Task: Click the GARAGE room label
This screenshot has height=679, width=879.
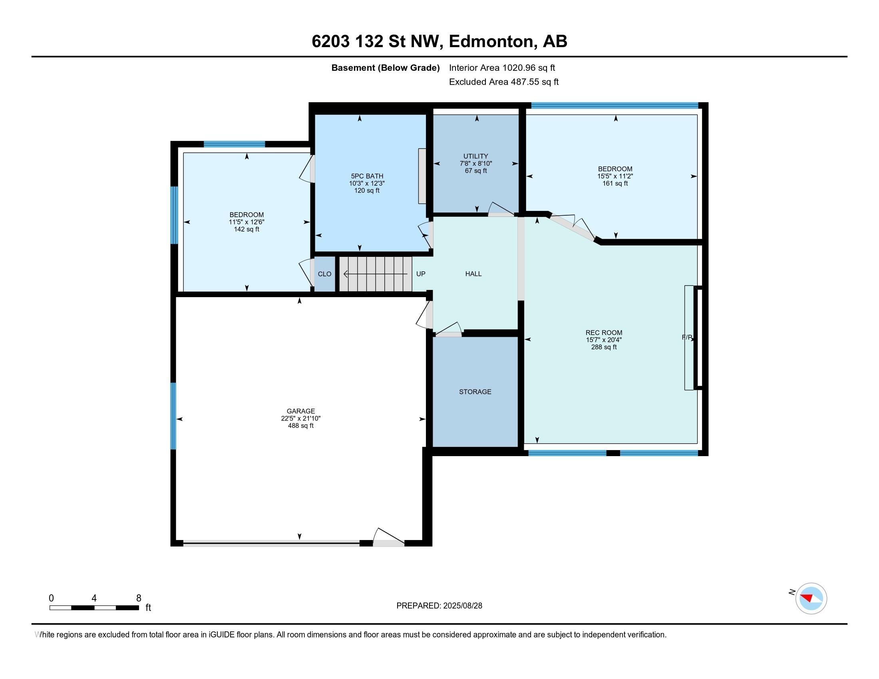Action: coord(300,411)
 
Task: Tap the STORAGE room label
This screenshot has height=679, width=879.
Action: coord(475,392)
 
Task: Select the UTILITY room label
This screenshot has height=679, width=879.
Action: coord(476,156)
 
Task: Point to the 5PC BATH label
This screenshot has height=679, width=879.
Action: coord(367,176)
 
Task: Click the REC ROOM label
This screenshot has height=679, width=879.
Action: coord(604,333)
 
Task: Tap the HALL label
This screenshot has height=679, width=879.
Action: coord(473,274)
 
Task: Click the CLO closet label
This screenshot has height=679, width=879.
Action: coord(324,274)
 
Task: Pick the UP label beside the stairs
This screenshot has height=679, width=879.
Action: coord(421,274)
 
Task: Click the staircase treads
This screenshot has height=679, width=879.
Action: coord(376,274)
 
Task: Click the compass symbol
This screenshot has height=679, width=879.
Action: coord(811,598)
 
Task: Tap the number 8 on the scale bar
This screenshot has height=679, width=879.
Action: coord(139,598)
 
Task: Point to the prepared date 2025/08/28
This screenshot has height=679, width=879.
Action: coord(462,606)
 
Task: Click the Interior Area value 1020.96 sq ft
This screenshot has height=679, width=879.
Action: coord(529,68)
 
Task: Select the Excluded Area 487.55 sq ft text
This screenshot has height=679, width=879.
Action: coord(504,82)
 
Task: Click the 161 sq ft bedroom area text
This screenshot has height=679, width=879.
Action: coord(615,183)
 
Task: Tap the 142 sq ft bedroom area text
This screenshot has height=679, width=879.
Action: coord(246,229)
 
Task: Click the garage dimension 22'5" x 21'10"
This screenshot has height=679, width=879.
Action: coord(300,418)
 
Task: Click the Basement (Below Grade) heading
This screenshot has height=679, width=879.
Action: coord(385,68)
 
